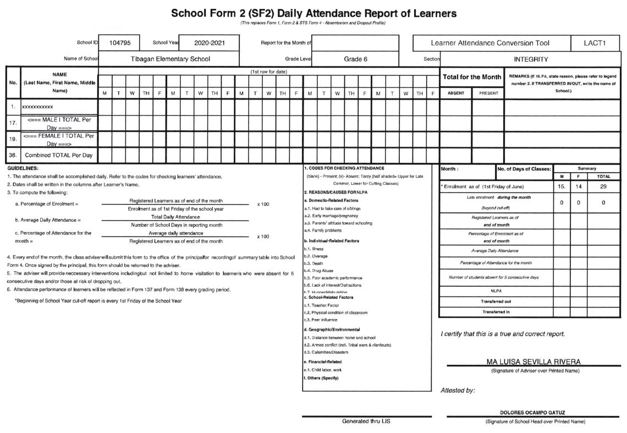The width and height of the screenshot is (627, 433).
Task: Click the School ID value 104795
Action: click(x=119, y=43)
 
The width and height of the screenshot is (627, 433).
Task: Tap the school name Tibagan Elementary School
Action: click(x=170, y=59)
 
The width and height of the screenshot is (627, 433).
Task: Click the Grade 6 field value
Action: click(x=355, y=59)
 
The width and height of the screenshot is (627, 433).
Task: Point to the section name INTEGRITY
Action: click(x=531, y=59)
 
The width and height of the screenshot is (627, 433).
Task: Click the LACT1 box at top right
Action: click(x=595, y=43)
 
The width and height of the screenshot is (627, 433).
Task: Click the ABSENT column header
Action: click(x=456, y=94)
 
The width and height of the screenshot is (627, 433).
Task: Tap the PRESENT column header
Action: click(x=488, y=94)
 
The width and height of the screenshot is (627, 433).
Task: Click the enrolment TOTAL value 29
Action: click(x=603, y=187)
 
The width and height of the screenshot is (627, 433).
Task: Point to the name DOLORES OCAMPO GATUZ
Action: click(x=532, y=412)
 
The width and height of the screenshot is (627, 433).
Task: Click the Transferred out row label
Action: click(x=496, y=302)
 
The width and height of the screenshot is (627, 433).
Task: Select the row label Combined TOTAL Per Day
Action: click(x=59, y=156)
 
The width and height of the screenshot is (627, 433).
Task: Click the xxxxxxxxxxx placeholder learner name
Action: click(x=38, y=107)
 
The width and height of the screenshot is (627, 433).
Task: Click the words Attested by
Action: click(x=458, y=390)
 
